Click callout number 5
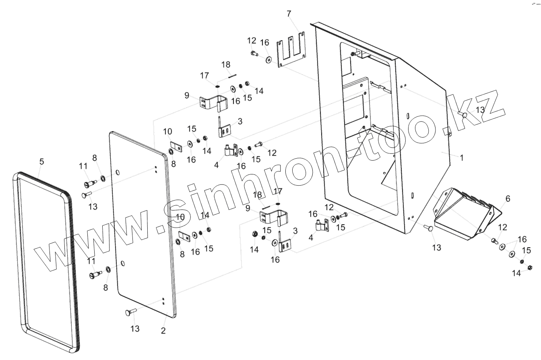pyautogui.click(x=42, y=161)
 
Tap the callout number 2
pyautogui.click(x=163, y=331)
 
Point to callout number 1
pyautogui.click(x=462, y=158)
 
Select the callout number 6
pyautogui.click(x=508, y=199)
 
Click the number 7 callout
pyautogui.click(x=289, y=14)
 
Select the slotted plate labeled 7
pyautogui.click(x=291, y=52)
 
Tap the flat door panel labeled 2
pyautogui.click(x=141, y=226)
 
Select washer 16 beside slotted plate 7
pyautogui.click(x=268, y=60)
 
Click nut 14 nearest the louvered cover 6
pyautogui.click(x=530, y=267)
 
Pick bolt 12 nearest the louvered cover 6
pyautogui.click(x=494, y=241)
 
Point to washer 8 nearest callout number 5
pyautogui.click(x=103, y=178)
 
